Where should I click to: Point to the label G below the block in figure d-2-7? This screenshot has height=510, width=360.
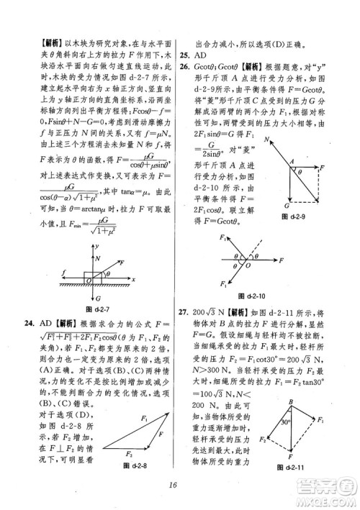[99, 297]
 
